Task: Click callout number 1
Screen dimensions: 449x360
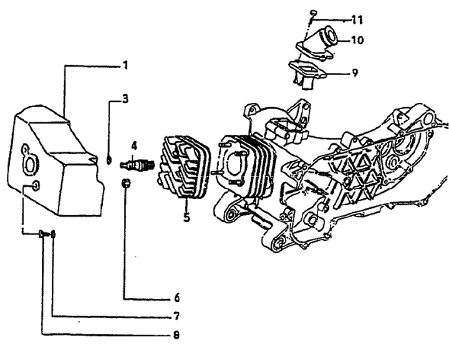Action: [125, 66]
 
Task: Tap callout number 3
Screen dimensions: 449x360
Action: [125, 99]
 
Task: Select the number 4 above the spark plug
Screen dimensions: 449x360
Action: [134, 146]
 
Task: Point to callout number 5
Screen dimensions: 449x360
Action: [186, 216]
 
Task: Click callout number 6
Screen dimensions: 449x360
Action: [176, 298]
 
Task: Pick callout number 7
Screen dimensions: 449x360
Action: [176, 316]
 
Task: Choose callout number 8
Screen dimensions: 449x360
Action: [176, 334]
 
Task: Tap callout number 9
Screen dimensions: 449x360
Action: [355, 72]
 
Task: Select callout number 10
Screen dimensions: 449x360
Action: [357, 40]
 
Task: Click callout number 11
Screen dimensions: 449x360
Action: [357, 20]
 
